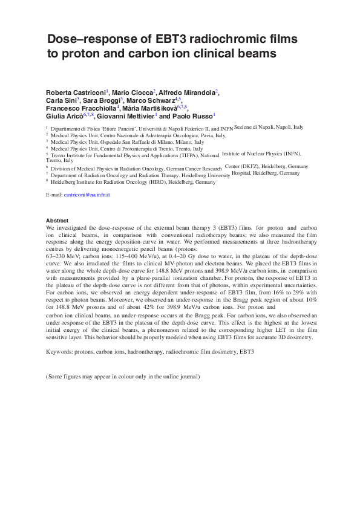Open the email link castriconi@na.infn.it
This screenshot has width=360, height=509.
click(x=87, y=195)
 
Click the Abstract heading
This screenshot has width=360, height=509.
click(x=57, y=220)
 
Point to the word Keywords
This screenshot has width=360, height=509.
click(x=59, y=351)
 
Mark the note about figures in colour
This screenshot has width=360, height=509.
click(x=123, y=377)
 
